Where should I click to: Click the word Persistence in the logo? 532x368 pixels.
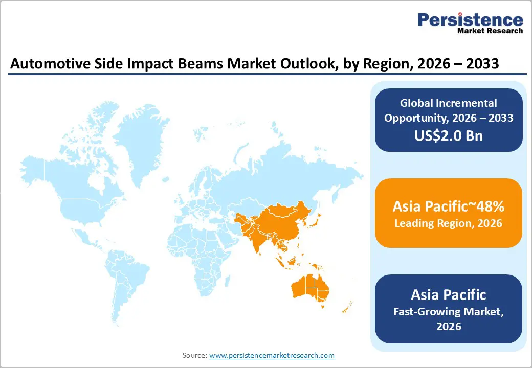[470, 20]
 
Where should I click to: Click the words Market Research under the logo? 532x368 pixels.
[490, 31]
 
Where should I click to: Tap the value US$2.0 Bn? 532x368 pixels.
[448, 136]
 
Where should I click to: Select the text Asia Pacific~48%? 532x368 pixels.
[448, 206]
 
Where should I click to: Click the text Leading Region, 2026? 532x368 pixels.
[448, 223]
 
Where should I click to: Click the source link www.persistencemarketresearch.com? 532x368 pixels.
[272, 355]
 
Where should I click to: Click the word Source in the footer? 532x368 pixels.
[194, 355]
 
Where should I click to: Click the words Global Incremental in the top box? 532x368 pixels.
[448, 103]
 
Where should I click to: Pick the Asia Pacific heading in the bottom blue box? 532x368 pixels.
[448, 295]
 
